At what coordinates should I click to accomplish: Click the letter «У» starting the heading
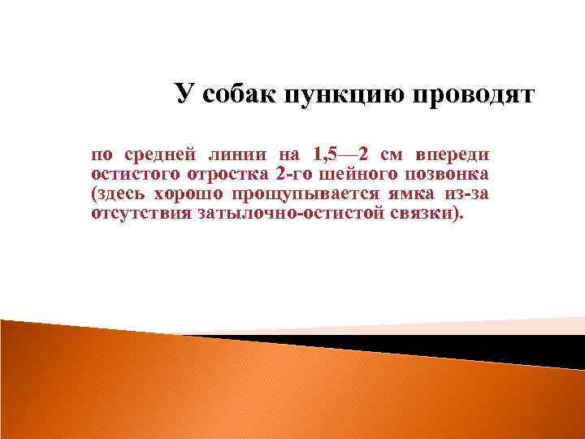click(x=184, y=94)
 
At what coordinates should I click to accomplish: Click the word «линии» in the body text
click(x=239, y=154)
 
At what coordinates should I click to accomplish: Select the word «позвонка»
click(x=444, y=175)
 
